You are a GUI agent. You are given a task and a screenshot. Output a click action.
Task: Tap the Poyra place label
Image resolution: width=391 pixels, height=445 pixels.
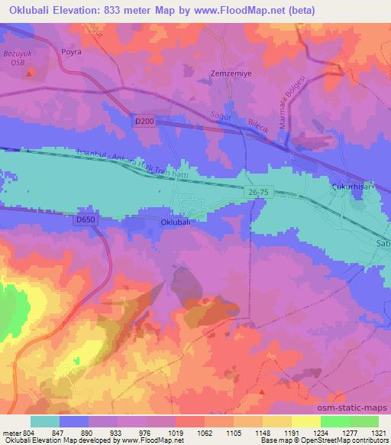tap(70, 54)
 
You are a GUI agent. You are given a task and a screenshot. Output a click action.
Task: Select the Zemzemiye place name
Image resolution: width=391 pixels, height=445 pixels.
tap(226, 74)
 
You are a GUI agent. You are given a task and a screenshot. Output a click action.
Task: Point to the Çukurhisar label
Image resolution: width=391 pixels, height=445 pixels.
tap(348, 184)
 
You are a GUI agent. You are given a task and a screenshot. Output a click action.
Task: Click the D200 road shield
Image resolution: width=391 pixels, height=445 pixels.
tap(144, 121)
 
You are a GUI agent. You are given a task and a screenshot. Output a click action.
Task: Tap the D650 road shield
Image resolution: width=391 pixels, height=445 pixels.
tap(87, 219)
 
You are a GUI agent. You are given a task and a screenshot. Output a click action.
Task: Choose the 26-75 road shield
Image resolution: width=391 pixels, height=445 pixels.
tap(258, 190)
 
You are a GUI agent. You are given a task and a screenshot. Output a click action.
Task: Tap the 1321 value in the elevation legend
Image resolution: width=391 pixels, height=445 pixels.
tap(376, 432)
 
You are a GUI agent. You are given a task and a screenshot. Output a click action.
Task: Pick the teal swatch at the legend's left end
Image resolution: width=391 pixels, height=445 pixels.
tap(44, 421)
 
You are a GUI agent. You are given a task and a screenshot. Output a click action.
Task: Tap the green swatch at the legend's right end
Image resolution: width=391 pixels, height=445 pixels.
tap(364, 421)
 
